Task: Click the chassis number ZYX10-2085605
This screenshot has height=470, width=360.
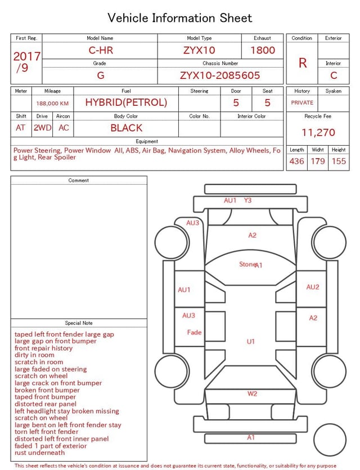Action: pyautogui.click(x=220, y=75)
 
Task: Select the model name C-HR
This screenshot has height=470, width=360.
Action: pyautogui.click(x=101, y=50)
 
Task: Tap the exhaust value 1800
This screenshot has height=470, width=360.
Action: pyautogui.click(x=263, y=50)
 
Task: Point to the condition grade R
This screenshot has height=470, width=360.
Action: pyautogui.click(x=303, y=63)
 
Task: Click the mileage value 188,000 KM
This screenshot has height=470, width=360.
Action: pyautogui.click(x=52, y=104)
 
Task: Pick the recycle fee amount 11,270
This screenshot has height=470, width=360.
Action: pyautogui.click(x=318, y=132)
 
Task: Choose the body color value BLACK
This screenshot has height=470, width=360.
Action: pyautogui.click(x=127, y=128)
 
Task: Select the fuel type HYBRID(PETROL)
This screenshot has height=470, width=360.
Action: pyautogui.click(x=126, y=102)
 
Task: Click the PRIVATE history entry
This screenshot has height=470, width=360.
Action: pyautogui.click(x=302, y=102)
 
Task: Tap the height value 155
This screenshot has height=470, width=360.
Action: pyautogui.click(x=339, y=161)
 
